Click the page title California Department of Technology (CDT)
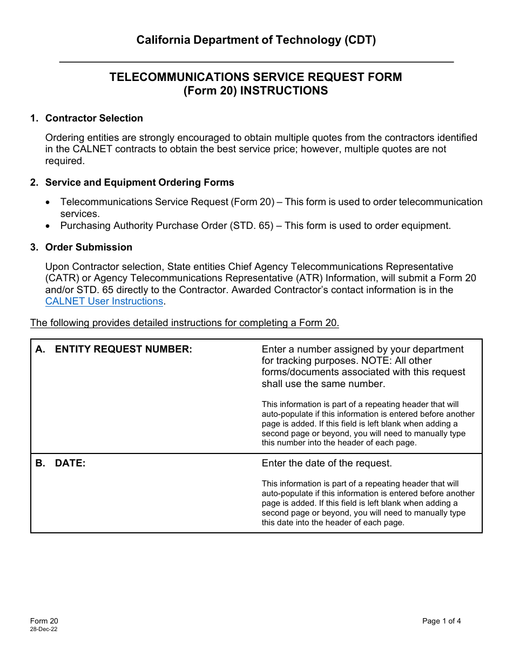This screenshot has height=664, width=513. click(x=256, y=40)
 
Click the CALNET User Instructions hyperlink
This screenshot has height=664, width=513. click(x=104, y=301)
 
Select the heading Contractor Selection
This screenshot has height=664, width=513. click(x=94, y=118)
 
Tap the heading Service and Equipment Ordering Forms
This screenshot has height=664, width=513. click(x=139, y=182)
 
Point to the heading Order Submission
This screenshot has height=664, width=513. click(x=89, y=247)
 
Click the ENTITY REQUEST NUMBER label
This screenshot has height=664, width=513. click(x=123, y=349)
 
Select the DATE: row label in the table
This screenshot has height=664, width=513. click(x=70, y=463)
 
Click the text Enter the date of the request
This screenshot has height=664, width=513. click(x=327, y=463)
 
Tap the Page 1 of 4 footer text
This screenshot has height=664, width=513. click(x=441, y=621)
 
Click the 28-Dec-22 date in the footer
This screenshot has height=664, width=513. click(x=44, y=629)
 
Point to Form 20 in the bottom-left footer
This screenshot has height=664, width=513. click(x=44, y=621)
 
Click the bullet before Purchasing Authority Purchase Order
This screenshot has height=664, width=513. click(x=49, y=226)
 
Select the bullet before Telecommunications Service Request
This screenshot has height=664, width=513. click(x=49, y=202)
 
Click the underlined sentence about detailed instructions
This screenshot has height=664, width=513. click(x=185, y=323)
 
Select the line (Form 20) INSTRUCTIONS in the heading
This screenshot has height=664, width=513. click(x=256, y=91)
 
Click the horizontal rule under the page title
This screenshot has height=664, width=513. click(x=256, y=62)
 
